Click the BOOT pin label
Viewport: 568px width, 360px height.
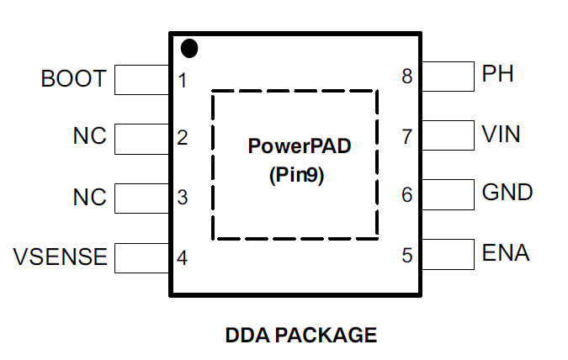(73, 79)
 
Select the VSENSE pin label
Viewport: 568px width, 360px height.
(61, 257)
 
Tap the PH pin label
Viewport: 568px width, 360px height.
(497, 75)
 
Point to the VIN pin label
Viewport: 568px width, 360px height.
(501, 134)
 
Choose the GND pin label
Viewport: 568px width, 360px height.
(507, 193)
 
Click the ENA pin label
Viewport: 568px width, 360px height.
(506, 252)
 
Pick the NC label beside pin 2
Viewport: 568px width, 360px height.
(90, 137)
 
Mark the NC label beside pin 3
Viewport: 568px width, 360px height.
(90, 198)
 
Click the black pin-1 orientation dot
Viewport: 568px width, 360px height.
(189, 49)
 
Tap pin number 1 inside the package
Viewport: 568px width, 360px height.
(183, 82)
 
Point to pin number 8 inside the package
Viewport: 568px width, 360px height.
(407, 77)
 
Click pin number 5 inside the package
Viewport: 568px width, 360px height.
(407, 255)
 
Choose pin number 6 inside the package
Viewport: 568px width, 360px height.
(407, 195)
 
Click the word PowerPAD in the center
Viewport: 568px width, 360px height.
(299, 146)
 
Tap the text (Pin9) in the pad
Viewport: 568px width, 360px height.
(296, 177)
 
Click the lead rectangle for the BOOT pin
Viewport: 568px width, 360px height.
(142, 80)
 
